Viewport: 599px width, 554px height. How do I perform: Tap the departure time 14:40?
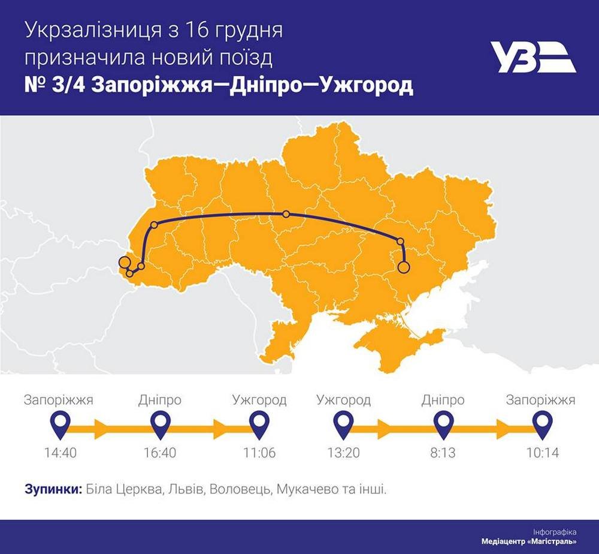click(60, 453)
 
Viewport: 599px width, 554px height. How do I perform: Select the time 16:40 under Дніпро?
click(160, 453)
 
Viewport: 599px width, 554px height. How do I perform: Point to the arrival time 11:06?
click(259, 453)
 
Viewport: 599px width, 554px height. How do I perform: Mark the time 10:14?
click(542, 453)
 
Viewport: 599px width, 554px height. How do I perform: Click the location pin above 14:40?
click(60, 424)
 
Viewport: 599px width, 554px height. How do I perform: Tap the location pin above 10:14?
click(543, 424)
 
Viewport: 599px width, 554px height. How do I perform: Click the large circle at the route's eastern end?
click(404, 267)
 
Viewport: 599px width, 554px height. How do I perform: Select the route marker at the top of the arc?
click(286, 214)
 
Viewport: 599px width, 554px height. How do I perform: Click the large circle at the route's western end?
click(124, 262)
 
